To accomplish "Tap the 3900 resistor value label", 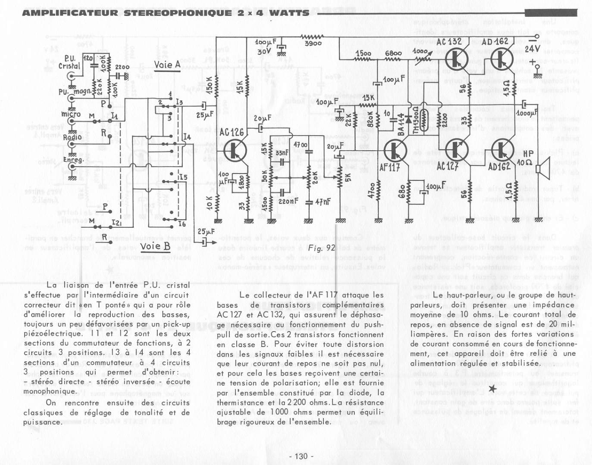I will click(313, 44).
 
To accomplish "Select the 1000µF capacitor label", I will click(527, 113).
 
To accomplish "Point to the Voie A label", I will click(167, 65).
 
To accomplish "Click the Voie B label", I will click(155, 247).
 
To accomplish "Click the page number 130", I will click(301, 456).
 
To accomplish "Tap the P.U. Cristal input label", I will click(69, 62).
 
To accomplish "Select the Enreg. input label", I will click(72, 160).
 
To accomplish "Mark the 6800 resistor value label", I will click(393, 53).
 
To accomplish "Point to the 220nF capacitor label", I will click(288, 201).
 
